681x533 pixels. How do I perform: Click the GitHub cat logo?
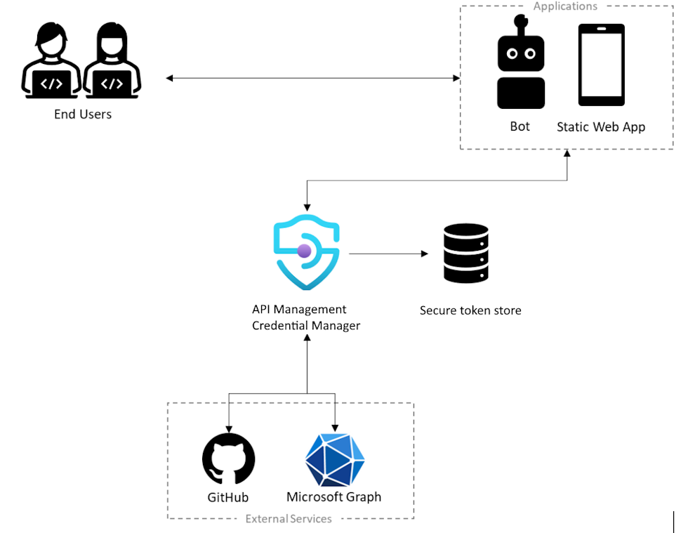point(228,459)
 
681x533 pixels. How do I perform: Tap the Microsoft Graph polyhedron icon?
point(335,460)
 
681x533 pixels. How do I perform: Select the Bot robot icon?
point(521,70)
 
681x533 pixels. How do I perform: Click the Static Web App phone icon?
point(601,65)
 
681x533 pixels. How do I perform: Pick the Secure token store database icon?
point(466,253)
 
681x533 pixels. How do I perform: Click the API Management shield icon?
point(307,251)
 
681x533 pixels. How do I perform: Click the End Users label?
point(83,114)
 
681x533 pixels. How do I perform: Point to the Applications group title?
point(565,6)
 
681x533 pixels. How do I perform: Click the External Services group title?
point(289,519)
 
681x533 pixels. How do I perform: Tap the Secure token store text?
point(470,310)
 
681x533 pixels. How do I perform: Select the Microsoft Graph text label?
point(333,497)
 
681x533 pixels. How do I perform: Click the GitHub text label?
point(227,498)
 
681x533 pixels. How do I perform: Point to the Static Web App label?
point(600,127)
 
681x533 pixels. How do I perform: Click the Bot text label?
point(520,126)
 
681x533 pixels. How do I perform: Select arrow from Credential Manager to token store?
point(390,253)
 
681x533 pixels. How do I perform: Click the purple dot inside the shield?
point(305,251)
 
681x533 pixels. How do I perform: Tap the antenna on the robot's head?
point(521,25)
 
